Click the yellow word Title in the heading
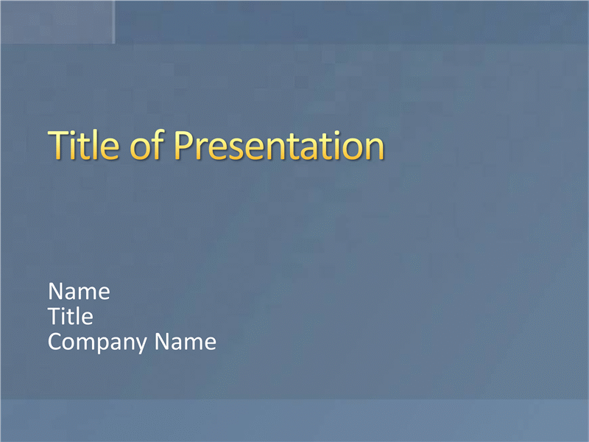pos(84,144)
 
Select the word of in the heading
pos(147,144)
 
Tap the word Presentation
pos(279,145)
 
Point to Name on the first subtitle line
pos(79,291)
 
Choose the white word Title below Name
pos(70,316)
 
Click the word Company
pos(98,343)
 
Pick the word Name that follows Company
pos(186,342)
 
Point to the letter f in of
pos(158,144)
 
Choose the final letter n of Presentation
pos(375,150)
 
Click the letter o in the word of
pos(140,150)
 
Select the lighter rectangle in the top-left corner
pos(57,22)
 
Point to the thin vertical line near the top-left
pos(114,22)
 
